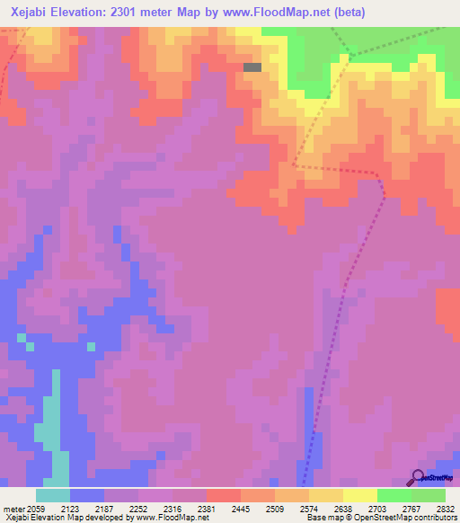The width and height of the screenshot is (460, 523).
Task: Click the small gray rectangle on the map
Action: click(x=252, y=66)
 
